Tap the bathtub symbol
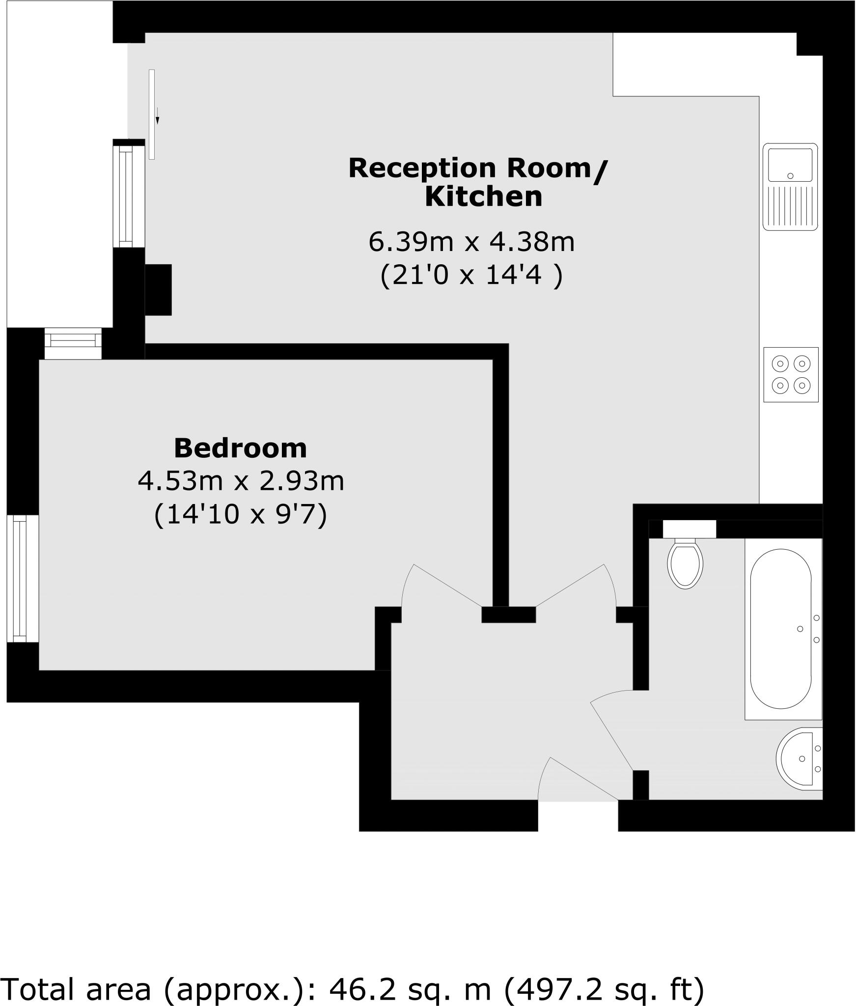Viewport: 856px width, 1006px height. (x=781, y=629)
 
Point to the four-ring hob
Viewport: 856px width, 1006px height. (x=791, y=375)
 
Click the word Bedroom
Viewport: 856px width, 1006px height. (x=240, y=448)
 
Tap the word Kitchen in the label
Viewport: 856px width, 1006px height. (x=483, y=197)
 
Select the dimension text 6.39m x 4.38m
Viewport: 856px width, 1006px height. (x=471, y=242)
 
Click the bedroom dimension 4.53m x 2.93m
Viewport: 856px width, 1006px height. (x=241, y=481)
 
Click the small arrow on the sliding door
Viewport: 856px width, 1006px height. (x=157, y=115)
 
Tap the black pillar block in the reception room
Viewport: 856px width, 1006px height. (x=158, y=290)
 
